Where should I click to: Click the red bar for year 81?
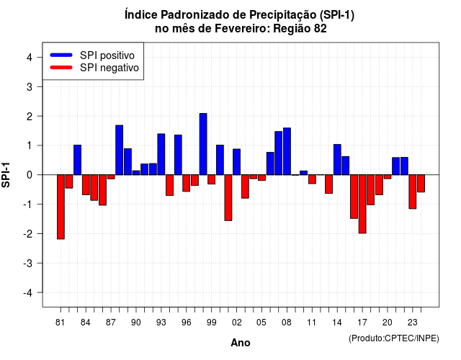(x=61, y=207)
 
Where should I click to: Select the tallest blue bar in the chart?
(x=203, y=144)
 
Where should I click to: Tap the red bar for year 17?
(x=362, y=204)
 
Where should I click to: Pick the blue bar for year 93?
(x=161, y=154)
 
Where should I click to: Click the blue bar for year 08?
(x=287, y=151)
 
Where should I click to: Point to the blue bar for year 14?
(x=337, y=160)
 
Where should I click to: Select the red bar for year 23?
(x=413, y=192)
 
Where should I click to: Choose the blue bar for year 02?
(x=237, y=162)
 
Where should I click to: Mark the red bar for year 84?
(x=86, y=184)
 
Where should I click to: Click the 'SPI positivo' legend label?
(x=107, y=55)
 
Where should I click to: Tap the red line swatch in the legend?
(x=61, y=68)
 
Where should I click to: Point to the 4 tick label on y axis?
(x=30, y=57)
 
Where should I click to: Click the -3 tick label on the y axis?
(x=28, y=263)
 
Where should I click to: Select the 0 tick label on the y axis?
(x=30, y=175)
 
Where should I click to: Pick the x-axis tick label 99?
(x=211, y=323)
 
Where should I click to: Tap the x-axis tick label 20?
(x=388, y=323)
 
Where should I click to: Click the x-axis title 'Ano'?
(x=241, y=343)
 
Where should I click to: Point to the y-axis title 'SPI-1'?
(x=6, y=175)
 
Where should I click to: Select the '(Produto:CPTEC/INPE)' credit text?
(x=394, y=338)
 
